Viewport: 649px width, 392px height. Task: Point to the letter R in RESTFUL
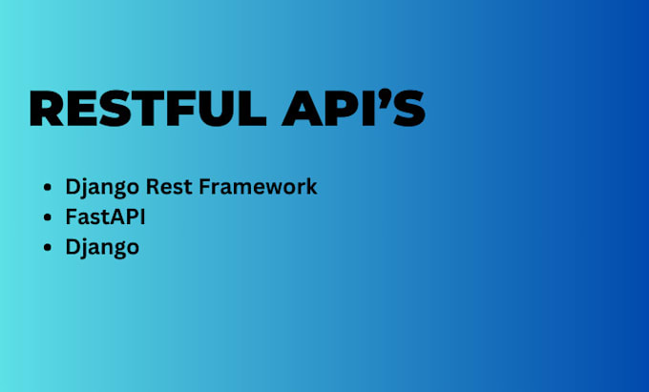48,110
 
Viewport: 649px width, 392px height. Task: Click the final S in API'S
409,110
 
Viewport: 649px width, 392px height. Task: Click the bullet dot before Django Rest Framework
49,188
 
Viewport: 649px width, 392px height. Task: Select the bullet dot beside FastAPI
49,217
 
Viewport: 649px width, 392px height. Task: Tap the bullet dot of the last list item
49,248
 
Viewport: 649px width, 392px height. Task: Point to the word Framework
257,186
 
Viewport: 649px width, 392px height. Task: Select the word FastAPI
105,217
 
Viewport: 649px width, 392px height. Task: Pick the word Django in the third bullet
101,247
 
